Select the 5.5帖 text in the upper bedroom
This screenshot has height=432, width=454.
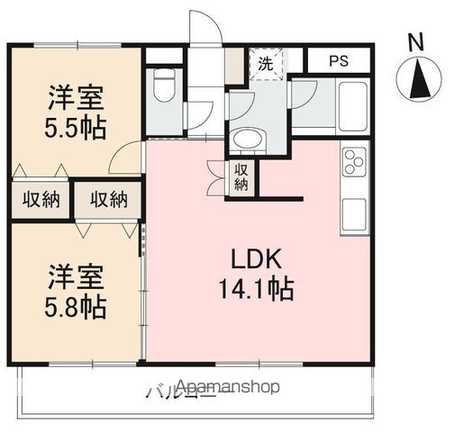pos(76,125)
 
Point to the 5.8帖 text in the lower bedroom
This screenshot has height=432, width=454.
pos(76,306)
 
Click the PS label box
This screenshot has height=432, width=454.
pos(338,62)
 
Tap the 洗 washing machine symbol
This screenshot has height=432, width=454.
pos(266,64)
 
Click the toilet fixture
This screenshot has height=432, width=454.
pos(164,87)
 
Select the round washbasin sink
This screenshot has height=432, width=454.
pos(244,139)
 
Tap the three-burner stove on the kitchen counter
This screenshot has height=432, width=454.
pos(352,165)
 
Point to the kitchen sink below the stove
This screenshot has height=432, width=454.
pos(353,214)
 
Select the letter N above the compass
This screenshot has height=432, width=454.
pos(415,41)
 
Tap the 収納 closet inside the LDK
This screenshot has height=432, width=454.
pos(241,176)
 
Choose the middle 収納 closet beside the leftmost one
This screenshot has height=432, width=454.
pos(107,200)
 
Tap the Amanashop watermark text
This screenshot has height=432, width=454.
pos(230,387)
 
